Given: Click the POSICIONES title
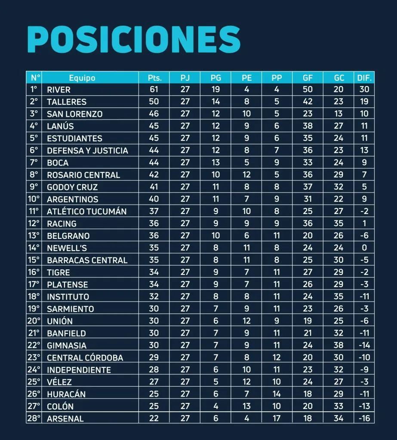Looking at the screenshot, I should [x=133, y=40].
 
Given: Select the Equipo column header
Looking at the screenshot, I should [x=82, y=78].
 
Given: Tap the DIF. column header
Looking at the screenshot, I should [x=364, y=78].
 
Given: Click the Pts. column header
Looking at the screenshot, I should [x=154, y=78].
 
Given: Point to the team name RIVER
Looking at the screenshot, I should [x=58, y=90].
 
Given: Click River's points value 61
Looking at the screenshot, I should [x=154, y=90].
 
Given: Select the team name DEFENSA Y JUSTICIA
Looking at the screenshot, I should [x=87, y=151].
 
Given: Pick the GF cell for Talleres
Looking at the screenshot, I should [x=308, y=102].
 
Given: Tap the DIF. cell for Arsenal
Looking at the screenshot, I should [x=364, y=419].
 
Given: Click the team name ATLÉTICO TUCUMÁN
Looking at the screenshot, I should [x=86, y=211].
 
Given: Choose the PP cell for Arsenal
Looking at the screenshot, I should [x=277, y=419].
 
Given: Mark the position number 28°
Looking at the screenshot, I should [x=34, y=419].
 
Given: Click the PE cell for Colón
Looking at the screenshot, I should [x=246, y=406].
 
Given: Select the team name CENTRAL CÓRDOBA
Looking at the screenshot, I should [x=85, y=357].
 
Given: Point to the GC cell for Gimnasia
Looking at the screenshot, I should [x=339, y=345].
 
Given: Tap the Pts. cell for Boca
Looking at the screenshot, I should [x=154, y=163].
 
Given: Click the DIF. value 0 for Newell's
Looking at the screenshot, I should [x=364, y=248].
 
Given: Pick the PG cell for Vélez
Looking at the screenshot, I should [x=216, y=382].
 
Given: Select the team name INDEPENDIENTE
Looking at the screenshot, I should [x=79, y=370].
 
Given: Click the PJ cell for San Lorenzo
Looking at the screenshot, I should [x=185, y=114].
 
